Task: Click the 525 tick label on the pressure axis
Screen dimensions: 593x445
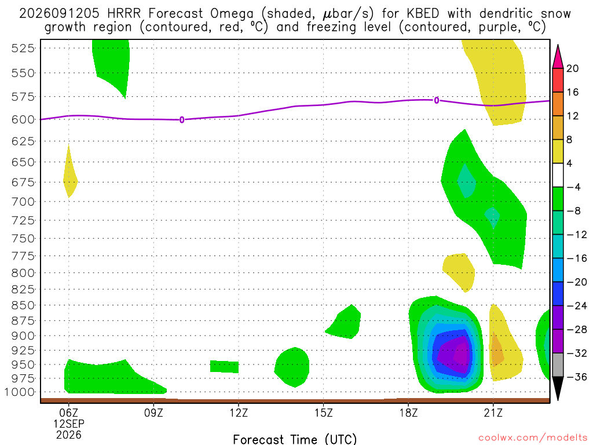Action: point(23,48)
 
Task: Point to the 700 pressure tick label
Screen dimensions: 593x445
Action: point(23,202)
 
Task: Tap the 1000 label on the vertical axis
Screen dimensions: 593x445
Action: point(20,392)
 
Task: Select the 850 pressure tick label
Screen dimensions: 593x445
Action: point(23,305)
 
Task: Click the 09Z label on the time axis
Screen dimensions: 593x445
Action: point(153,413)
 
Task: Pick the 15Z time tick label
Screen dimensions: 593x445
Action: point(323,413)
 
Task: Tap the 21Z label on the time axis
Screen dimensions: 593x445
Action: point(493,413)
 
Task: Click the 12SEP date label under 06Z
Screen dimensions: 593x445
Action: point(68,424)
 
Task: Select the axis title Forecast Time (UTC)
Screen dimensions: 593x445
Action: point(295,439)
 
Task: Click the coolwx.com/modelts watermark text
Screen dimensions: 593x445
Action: point(533,438)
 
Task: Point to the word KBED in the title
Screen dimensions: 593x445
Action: point(423,14)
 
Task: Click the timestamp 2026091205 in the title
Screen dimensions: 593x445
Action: point(60,14)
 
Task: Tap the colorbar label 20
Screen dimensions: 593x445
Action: point(573,68)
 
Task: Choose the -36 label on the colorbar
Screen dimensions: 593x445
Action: point(576,377)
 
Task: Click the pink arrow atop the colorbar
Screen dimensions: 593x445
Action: point(558,57)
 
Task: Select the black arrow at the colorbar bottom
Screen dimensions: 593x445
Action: point(558,388)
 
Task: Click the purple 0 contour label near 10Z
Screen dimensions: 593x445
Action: point(182,120)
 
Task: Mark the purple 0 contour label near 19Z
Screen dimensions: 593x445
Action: point(437,100)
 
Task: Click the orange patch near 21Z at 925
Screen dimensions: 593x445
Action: point(496,350)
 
